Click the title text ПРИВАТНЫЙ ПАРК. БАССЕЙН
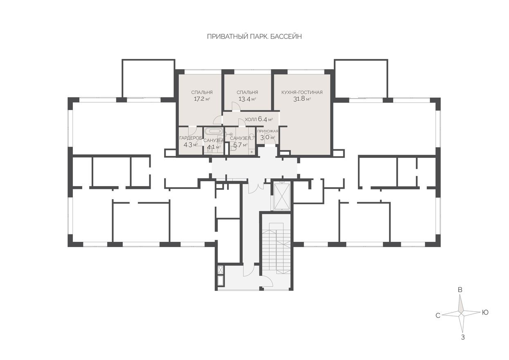(254, 37)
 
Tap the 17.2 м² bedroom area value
(202, 99)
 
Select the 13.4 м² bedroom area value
(247, 99)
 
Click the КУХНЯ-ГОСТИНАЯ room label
(302, 92)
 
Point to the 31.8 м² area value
(302, 99)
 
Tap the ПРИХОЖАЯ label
(268, 131)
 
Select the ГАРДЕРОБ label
(191, 138)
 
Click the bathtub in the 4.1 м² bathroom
(213, 132)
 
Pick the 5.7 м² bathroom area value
(240, 145)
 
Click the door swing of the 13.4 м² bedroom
(236, 106)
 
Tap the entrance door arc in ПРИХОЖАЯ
(270, 138)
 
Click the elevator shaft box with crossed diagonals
(282, 197)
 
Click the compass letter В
(460, 290)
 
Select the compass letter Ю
(485, 313)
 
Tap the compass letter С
(438, 315)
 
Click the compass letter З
(463, 337)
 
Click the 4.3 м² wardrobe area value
(191, 145)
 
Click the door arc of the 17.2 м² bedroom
(217, 119)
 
